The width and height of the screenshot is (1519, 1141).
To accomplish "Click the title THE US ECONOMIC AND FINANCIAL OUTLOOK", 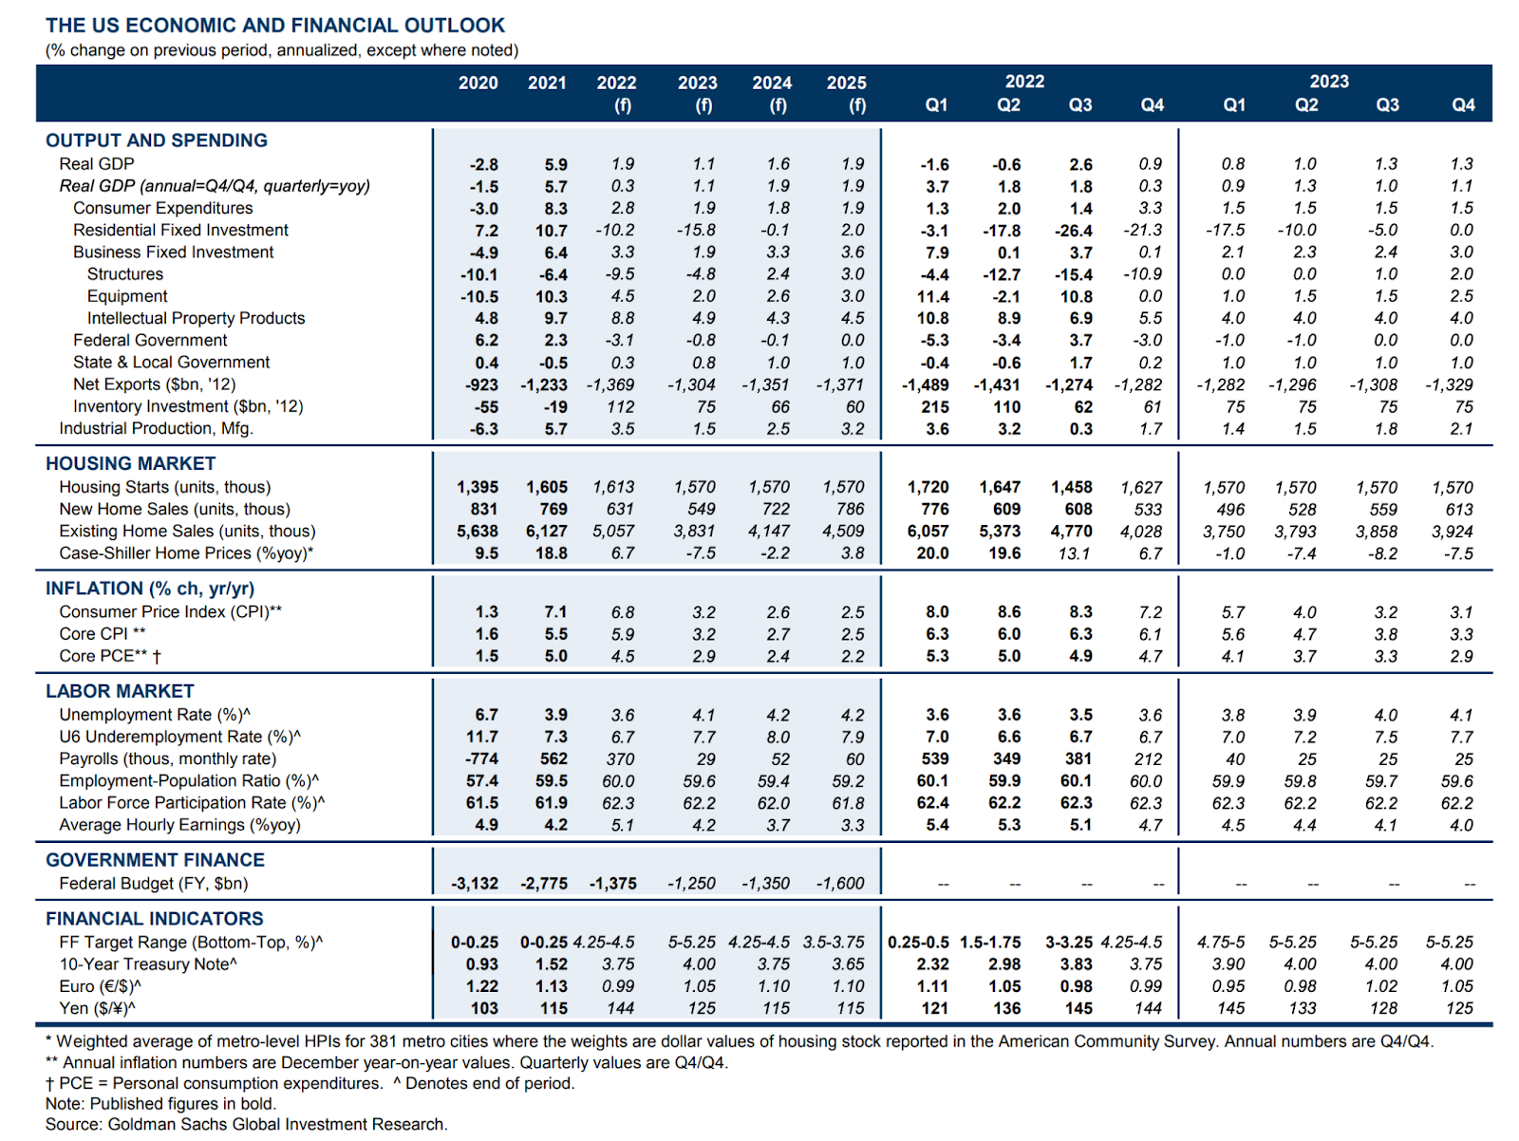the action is click(x=274, y=26).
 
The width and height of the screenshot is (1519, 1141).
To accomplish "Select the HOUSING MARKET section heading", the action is click(x=130, y=463).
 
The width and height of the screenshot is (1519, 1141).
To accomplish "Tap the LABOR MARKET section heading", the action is click(x=120, y=690).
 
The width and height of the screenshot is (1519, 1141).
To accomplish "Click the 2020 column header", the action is click(x=478, y=83).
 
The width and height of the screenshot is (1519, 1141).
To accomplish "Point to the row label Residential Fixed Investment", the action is click(x=180, y=230).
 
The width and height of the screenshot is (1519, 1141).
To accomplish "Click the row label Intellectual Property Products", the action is click(x=196, y=318).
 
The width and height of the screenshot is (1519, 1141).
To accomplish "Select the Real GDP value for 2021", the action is click(x=555, y=164).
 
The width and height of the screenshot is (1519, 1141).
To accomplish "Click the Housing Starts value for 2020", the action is click(x=477, y=487).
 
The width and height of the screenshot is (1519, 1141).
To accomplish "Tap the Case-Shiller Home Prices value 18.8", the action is click(x=551, y=552).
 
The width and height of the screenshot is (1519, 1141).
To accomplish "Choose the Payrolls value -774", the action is click(x=481, y=758).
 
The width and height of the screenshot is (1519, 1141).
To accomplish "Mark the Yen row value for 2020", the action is click(x=484, y=1007).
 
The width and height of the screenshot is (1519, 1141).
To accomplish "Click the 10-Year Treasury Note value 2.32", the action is click(x=933, y=963).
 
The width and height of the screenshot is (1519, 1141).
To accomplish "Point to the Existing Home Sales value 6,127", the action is click(x=546, y=531).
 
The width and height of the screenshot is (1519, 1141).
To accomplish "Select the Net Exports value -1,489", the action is click(x=925, y=384).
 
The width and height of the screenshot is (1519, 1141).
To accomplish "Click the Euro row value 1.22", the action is click(x=481, y=985).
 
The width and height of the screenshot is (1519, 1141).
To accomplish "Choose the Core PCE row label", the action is click(x=111, y=655).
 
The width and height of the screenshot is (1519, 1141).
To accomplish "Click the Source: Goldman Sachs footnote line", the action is click(x=246, y=1124).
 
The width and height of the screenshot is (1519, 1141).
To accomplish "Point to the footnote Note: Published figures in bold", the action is click(x=160, y=1103).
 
